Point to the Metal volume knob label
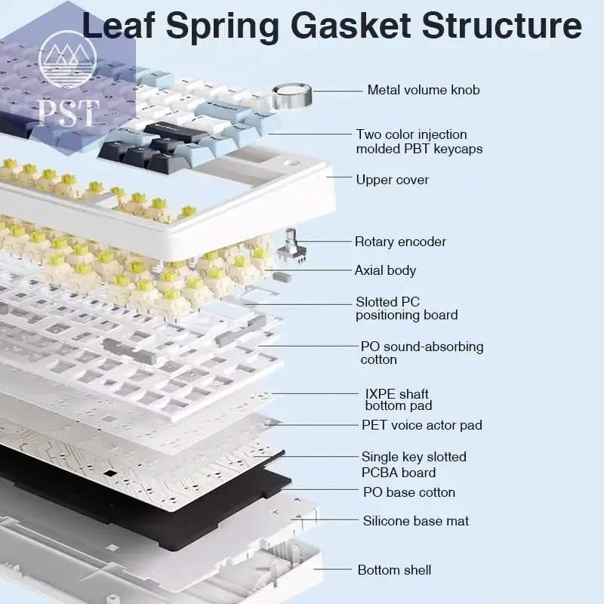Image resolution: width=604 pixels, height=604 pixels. (424, 90)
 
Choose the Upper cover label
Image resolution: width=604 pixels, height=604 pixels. (392, 180)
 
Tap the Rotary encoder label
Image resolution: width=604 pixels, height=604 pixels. (400, 242)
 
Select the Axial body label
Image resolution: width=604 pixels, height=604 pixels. (385, 270)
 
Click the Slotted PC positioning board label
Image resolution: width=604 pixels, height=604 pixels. (406, 308)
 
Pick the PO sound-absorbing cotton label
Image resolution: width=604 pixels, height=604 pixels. (421, 353)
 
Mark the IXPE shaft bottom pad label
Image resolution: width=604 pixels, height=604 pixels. (398, 399)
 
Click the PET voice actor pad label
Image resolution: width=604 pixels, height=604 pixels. (421, 425)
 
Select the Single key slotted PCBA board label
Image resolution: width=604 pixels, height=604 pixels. (413, 464)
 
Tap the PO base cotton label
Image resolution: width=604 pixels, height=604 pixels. (409, 492)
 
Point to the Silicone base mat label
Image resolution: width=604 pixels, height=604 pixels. (415, 521)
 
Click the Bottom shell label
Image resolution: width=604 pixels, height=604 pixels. (394, 570)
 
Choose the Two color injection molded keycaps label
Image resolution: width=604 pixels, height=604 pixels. (419, 141)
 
